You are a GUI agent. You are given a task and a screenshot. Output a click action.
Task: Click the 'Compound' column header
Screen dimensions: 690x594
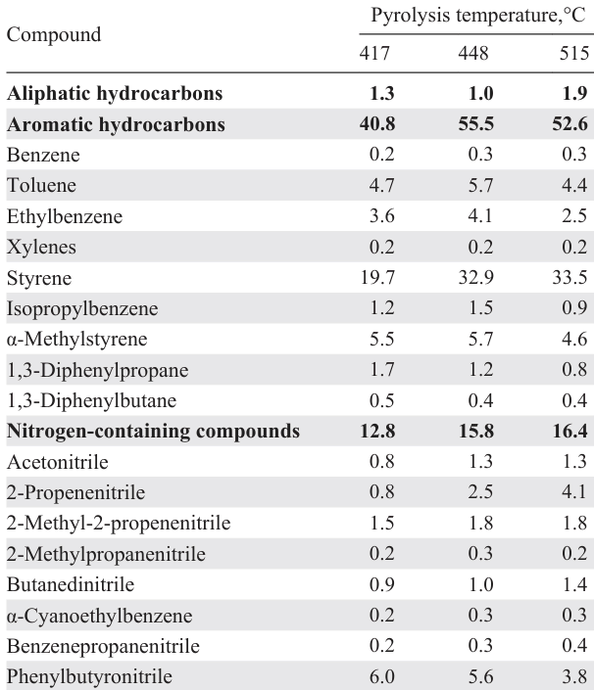coord(54,35)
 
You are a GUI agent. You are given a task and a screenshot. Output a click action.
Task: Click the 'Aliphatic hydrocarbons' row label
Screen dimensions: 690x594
coord(115,95)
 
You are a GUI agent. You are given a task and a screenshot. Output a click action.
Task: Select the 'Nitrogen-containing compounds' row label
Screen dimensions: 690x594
coord(153,432)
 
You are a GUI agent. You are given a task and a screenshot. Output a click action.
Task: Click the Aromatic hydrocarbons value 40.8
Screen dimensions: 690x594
coord(376,125)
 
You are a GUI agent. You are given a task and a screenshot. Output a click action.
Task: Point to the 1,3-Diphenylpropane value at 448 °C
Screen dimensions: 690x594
coord(475,370)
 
